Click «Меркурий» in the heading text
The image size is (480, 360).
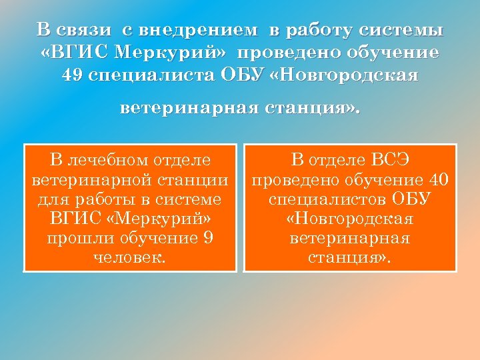(x=169, y=52)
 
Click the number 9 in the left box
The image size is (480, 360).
(x=208, y=238)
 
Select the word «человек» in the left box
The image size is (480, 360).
(x=128, y=257)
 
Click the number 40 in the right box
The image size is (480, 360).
(x=439, y=179)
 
